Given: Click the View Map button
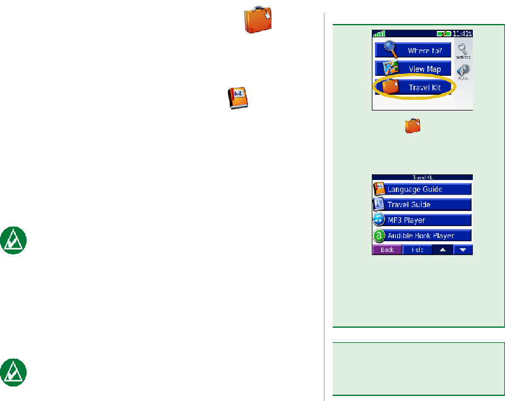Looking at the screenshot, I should (x=413, y=68).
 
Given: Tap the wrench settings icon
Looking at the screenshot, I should (x=463, y=49).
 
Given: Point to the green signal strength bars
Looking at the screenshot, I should (x=379, y=34).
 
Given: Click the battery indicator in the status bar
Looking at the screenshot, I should (x=443, y=34).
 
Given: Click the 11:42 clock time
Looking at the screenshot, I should (x=461, y=34).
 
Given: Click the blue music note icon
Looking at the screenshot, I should (x=379, y=220).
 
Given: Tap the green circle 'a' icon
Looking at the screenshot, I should (x=379, y=236).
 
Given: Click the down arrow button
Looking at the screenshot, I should (x=463, y=250).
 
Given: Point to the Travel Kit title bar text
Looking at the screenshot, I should (x=422, y=178).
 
